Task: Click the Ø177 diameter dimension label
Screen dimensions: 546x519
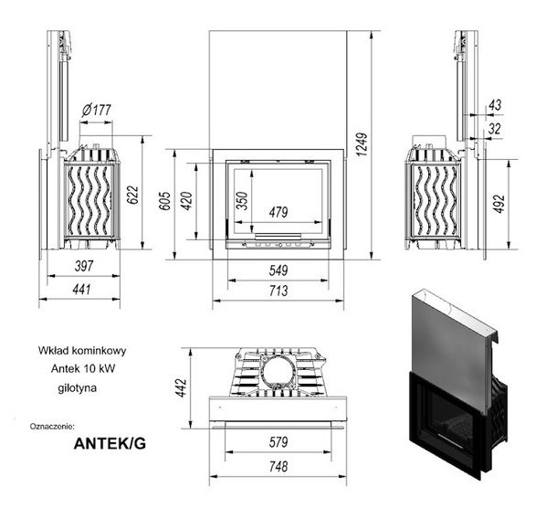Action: point(97,111)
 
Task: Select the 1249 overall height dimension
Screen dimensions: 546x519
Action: point(362,144)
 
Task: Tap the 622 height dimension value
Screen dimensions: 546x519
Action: point(132,196)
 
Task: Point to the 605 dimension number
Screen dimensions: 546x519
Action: point(164,201)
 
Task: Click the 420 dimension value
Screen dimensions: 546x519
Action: point(186,201)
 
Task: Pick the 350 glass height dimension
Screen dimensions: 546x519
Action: point(242,201)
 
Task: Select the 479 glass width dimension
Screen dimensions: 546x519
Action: point(278,212)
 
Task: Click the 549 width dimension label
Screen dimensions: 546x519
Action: point(278,270)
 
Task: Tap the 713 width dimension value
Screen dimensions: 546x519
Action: point(278,291)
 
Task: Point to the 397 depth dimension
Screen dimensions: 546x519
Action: point(84,266)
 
